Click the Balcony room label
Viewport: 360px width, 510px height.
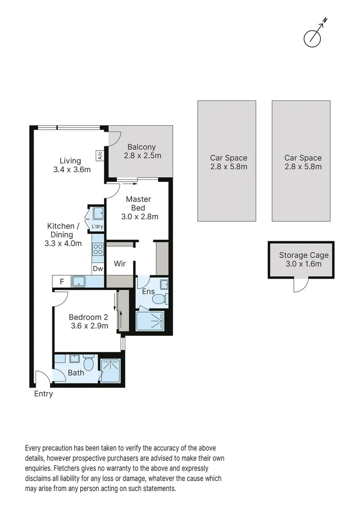click(142, 151)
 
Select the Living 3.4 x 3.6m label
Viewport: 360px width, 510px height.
click(72, 165)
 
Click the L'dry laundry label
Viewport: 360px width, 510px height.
click(98, 227)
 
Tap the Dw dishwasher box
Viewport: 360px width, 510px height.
click(98, 269)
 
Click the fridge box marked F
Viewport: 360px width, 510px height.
click(61, 282)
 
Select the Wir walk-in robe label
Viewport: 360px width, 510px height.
click(120, 264)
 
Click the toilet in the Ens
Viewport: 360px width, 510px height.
click(161, 298)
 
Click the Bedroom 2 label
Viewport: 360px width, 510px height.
click(89, 321)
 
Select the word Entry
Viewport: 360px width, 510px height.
click(43, 394)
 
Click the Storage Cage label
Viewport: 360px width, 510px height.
click(303, 259)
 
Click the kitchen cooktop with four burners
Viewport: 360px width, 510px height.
click(98, 249)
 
